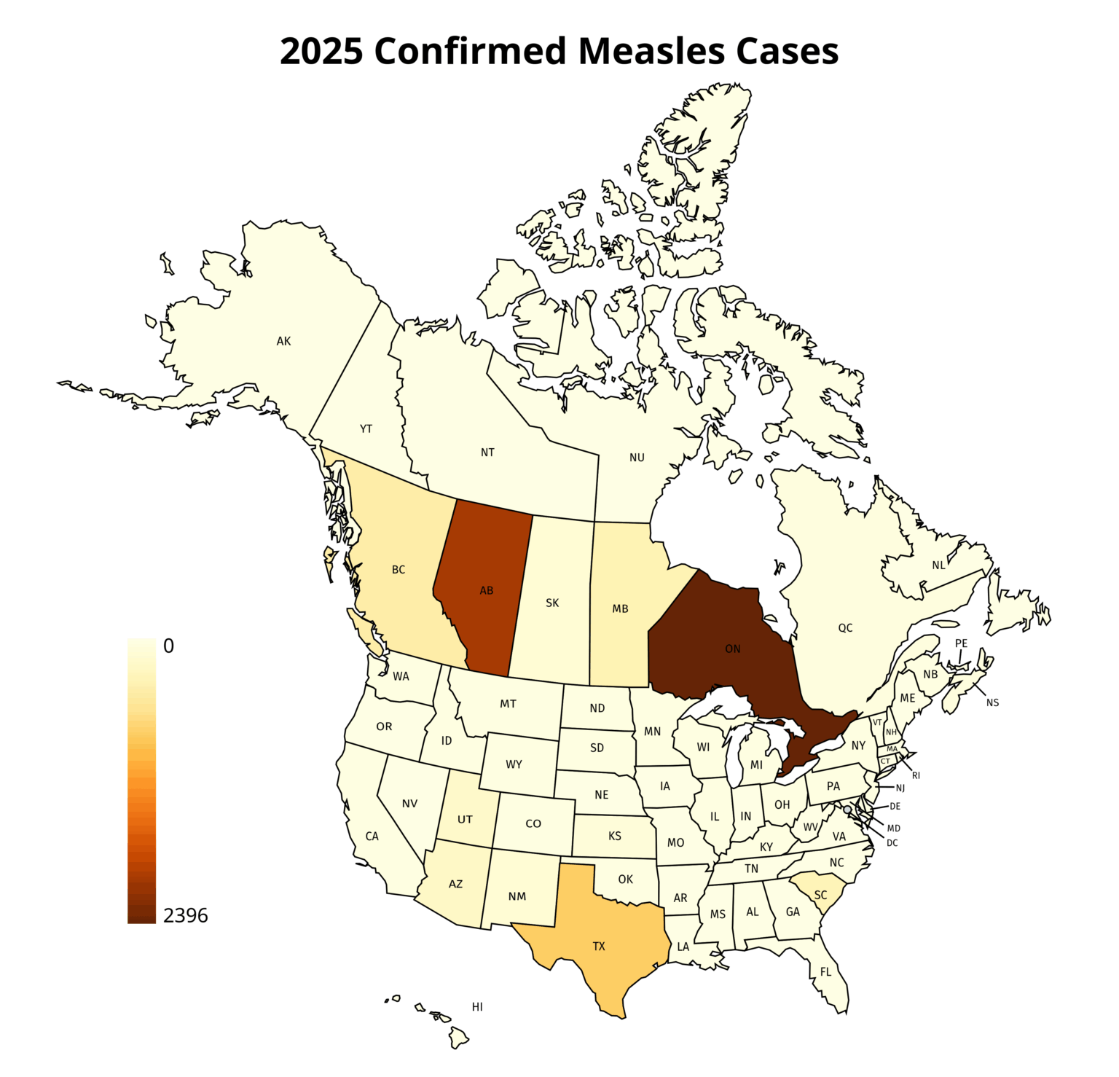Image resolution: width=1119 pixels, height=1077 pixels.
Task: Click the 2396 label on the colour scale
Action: (x=185, y=916)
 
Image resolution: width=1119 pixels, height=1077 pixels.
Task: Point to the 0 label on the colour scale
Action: (x=168, y=646)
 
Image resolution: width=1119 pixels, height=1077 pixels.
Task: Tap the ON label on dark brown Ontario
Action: (x=732, y=649)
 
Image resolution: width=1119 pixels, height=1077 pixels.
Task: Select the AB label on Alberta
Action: (x=486, y=590)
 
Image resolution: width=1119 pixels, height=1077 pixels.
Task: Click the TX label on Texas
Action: (x=598, y=947)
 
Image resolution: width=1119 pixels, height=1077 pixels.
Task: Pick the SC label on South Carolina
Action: (x=820, y=895)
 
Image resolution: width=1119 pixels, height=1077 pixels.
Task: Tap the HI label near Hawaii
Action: (x=477, y=1007)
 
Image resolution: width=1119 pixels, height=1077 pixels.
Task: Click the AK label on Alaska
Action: (x=283, y=341)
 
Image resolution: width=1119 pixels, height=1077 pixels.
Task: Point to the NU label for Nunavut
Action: (x=637, y=458)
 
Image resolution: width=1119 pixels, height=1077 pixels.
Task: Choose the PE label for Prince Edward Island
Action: (x=961, y=643)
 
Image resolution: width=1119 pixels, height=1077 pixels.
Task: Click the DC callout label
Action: (x=892, y=843)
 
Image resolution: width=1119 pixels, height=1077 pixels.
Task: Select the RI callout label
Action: (x=916, y=775)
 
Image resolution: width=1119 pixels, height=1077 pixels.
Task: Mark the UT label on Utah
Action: (x=465, y=820)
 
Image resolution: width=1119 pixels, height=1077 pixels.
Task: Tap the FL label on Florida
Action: (x=825, y=972)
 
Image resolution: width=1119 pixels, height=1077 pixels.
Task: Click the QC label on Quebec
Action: (x=844, y=628)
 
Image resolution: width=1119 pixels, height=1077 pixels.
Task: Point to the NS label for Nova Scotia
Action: (x=992, y=702)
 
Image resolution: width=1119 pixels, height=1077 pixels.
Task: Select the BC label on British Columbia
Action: (x=398, y=570)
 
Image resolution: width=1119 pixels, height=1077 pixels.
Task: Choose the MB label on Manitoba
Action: (x=620, y=608)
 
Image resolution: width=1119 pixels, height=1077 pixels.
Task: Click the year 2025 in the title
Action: (x=321, y=52)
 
